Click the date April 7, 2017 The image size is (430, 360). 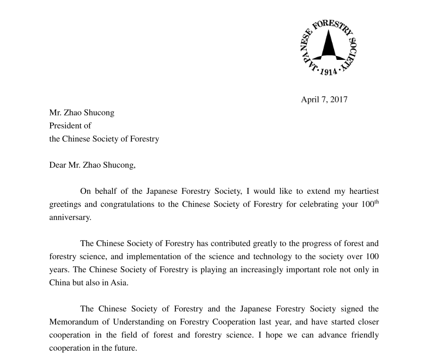(324, 100)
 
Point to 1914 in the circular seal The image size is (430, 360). (328, 72)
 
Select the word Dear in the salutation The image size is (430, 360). (58, 165)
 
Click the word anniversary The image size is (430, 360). (69, 217)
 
